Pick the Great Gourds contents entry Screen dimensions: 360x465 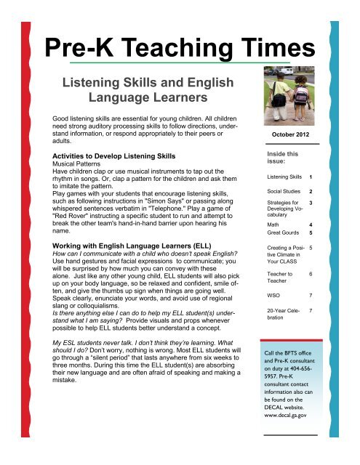[x=281, y=232]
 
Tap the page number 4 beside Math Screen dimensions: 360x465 [x=311, y=224]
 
